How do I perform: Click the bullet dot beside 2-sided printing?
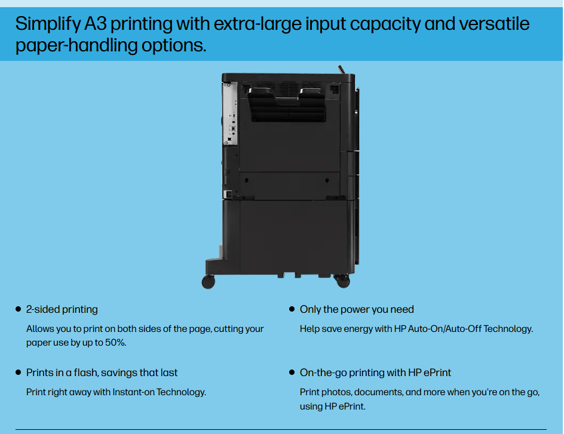(x=18, y=309)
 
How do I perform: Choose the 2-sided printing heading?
(x=62, y=309)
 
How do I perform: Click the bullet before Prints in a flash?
(x=18, y=373)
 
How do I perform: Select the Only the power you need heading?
(x=357, y=309)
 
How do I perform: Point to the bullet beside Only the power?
(x=292, y=309)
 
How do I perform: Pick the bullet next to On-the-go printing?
(x=292, y=373)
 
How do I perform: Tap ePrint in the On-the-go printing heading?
(x=437, y=373)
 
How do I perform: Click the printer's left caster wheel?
(x=209, y=281)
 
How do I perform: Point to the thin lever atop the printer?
(x=342, y=68)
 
